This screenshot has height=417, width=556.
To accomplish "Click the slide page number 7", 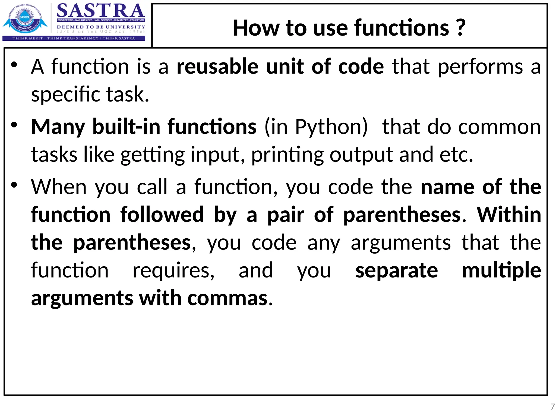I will (552, 407).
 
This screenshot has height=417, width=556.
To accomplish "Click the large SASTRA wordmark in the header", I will (100, 11).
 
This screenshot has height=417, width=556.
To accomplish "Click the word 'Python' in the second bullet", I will (331, 127).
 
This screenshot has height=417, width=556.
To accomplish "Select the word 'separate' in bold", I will (397, 270).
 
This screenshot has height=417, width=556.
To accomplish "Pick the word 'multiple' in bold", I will (501, 270).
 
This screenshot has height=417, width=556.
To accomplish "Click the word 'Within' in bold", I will (509, 215).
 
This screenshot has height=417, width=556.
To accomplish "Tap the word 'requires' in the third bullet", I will (173, 270).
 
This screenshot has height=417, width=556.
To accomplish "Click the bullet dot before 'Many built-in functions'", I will (14, 125).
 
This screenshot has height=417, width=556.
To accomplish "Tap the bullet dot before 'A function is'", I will (14, 65).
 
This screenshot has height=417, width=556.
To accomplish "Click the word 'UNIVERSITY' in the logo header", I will (125, 27).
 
